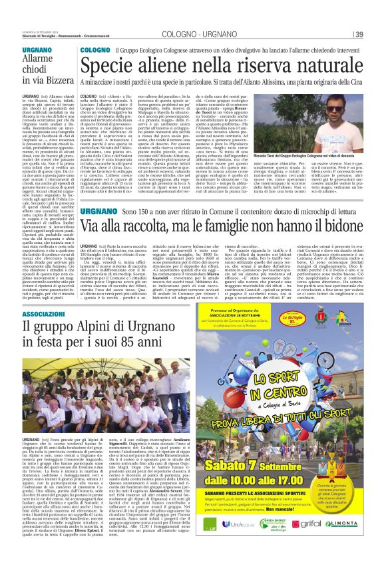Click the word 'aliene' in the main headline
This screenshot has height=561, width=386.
(x=164, y=66)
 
